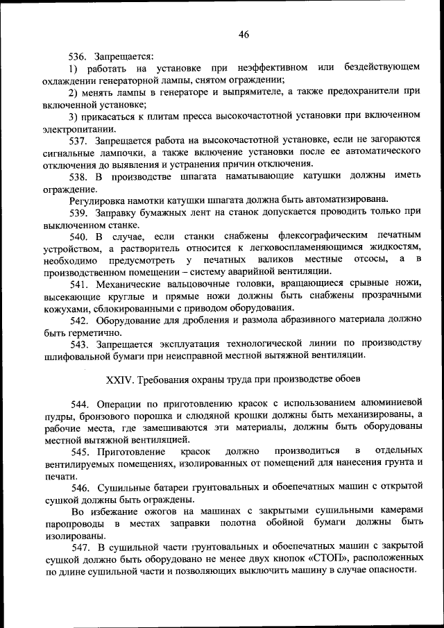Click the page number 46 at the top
pos(243,34)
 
